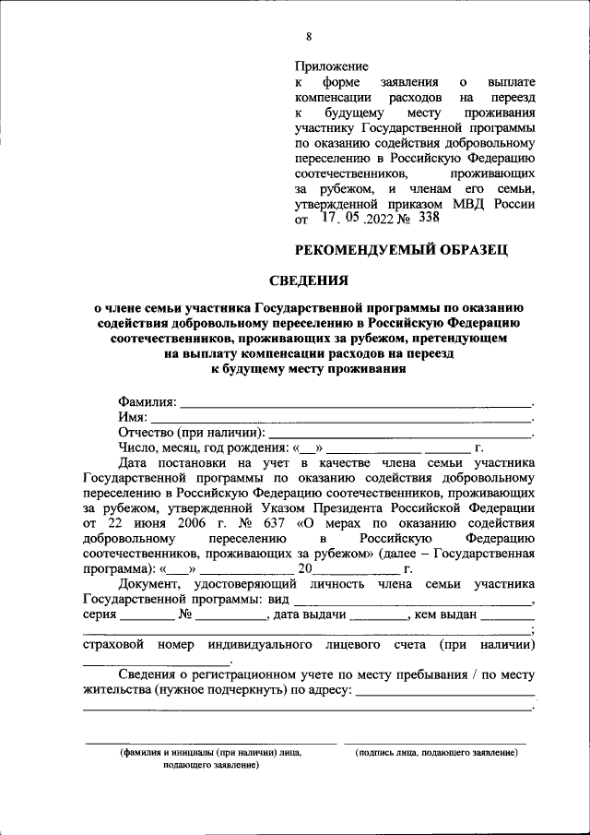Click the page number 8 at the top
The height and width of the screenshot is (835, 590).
pos(309,37)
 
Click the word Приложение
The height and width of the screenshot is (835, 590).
pos(331,66)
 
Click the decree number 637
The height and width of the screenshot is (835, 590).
pos(268,522)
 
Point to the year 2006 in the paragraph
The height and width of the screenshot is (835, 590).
pos(185,522)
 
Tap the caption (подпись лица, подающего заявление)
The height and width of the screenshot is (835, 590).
pos(436,753)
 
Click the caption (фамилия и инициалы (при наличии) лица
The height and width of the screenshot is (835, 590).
pos(210,753)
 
